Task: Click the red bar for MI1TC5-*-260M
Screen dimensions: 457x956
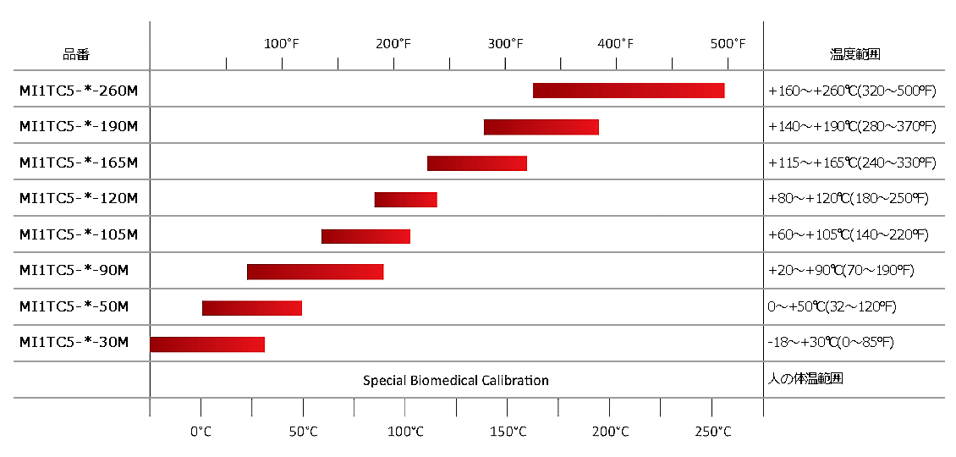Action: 628,91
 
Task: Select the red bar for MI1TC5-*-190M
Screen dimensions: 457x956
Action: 541,127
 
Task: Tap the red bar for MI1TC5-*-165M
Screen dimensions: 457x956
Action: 476,163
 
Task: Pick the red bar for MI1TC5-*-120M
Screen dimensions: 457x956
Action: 405,200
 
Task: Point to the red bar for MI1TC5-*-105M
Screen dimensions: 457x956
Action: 365,236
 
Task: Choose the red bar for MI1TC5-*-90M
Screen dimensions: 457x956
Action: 315,272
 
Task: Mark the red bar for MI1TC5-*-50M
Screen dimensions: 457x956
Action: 251,308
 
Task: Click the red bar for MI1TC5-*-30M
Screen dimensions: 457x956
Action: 207,344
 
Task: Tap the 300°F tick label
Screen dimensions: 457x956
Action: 505,43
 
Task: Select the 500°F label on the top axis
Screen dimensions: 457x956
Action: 728,43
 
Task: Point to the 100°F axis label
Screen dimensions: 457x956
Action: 282,43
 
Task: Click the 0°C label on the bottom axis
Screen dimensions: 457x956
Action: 201,432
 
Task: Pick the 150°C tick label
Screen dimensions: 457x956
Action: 508,432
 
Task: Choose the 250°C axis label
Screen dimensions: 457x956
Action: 712,432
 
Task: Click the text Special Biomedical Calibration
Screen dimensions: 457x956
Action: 456,381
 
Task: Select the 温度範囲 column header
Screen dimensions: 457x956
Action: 854,55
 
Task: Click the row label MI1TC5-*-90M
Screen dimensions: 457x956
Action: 74,272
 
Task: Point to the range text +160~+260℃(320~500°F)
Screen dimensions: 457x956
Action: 852,91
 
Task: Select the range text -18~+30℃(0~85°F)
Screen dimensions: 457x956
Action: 830,343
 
